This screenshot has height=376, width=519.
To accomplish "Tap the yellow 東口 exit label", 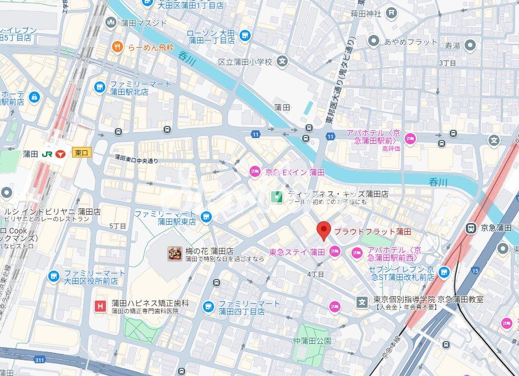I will click(81, 154).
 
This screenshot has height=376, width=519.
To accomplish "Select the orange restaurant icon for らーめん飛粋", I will click(117, 47).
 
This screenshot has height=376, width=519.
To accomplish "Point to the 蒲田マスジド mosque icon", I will click(111, 23).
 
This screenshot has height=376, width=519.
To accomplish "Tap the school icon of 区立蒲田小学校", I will click(283, 62).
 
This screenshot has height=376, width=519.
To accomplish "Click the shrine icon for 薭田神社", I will click(393, 13).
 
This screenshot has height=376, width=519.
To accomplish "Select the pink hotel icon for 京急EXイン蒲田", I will click(255, 172).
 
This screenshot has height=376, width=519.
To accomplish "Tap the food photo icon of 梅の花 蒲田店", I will click(175, 253).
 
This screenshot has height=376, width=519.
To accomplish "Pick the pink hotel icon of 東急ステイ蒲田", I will click(334, 252).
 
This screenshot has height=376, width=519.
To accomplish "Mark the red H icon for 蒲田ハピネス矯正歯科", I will click(100, 306).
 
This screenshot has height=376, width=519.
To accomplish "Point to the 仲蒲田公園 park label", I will click(312, 341).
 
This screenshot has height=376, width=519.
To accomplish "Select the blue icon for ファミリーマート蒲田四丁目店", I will click(208, 307).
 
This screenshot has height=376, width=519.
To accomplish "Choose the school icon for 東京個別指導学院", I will click(362, 302).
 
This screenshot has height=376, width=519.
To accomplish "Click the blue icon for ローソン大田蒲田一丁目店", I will click(245, 36).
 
